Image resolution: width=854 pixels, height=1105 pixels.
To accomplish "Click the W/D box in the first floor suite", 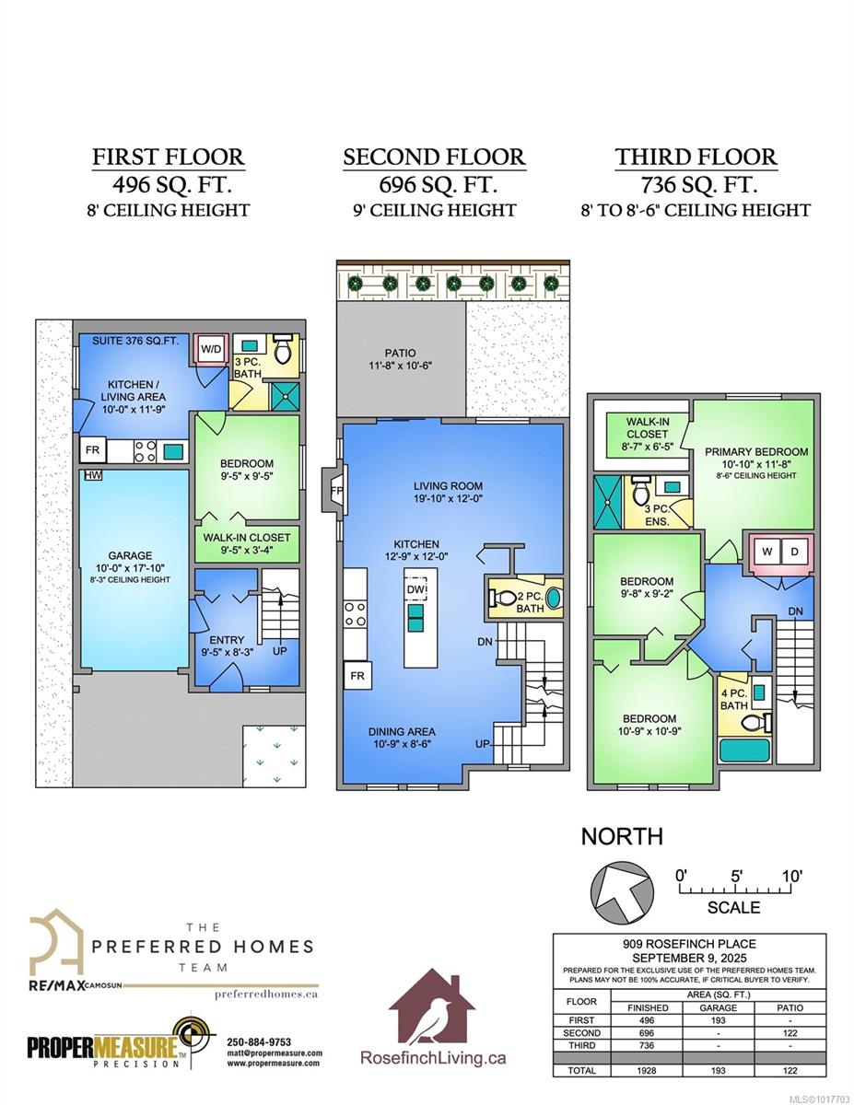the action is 211,349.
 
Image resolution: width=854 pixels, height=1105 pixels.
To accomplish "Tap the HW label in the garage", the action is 93,475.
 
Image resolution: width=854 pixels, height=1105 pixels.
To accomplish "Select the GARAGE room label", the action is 130,556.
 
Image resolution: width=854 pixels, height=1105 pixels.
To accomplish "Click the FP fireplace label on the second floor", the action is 337,490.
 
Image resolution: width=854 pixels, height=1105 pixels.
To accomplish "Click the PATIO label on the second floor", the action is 400,353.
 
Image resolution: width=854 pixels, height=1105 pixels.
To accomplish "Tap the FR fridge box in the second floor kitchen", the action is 357,675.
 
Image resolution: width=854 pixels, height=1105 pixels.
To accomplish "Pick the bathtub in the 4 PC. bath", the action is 745,751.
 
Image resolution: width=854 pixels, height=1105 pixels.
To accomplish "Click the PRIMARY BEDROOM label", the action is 756,451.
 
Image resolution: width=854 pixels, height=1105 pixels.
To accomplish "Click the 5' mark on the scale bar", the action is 737,876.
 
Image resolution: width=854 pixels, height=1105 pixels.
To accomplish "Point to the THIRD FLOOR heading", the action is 696,157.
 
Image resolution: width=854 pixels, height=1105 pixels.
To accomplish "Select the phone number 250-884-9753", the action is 259,1042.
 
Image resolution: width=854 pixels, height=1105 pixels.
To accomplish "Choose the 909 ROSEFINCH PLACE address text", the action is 689,944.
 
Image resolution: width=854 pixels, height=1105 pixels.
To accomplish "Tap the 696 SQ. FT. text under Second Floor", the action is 438,184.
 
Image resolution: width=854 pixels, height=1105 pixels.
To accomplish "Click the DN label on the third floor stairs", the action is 796,611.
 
